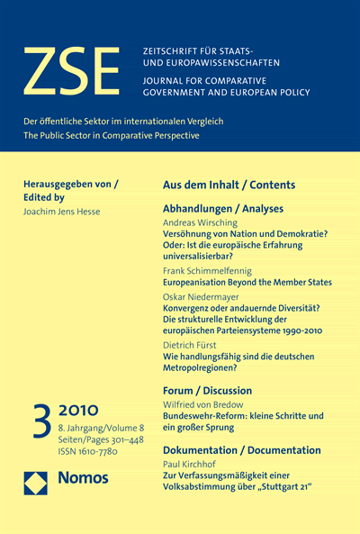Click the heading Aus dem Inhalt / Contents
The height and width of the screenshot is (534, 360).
click(229, 185)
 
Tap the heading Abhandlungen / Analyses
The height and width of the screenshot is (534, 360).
click(217, 208)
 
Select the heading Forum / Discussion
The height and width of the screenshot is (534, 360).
click(207, 391)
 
